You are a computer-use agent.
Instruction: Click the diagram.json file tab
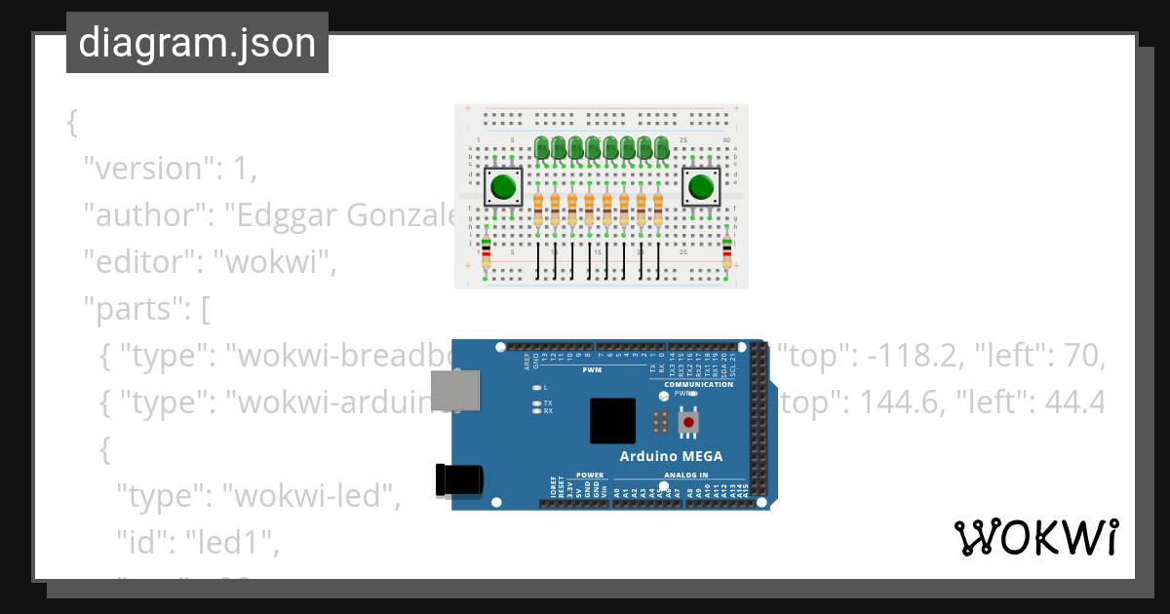pyautogui.click(x=197, y=43)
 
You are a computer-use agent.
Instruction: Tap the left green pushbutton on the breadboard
pyautogui.click(x=503, y=185)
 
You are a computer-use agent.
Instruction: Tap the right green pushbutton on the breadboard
pyautogui.click(x=700, y=185)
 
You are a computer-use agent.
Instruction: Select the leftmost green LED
pyautogui.click(x=541, y=147)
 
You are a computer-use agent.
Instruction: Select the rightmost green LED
pyautogui.click(x=662, y=147)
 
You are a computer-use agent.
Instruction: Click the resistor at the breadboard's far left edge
pyautogui.click(x=486, y=250)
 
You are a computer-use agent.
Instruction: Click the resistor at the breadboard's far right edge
pyautogui.click(x=726, y=250)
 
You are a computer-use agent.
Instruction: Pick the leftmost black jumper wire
pyautogui.click(x=537, y=260)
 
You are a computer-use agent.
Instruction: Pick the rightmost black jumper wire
pyautogui.click(x=658, y=260)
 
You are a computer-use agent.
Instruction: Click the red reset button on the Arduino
pyautogui.click(x=689, y=423)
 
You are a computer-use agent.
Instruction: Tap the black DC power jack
pyautogui.click(x=459, y=480)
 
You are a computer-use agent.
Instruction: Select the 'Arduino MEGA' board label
pyautogui.click(x=671, y=456)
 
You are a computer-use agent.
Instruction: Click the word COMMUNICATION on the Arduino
pyautogui.click(x=698, y=384)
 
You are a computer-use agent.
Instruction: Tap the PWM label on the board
pyautogui.click(x=592, y=371)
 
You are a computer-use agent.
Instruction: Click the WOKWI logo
pyautogui.click(x=1035, y=537)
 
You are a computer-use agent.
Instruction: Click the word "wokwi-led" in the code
pyautogui.click(x=312, y=497)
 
